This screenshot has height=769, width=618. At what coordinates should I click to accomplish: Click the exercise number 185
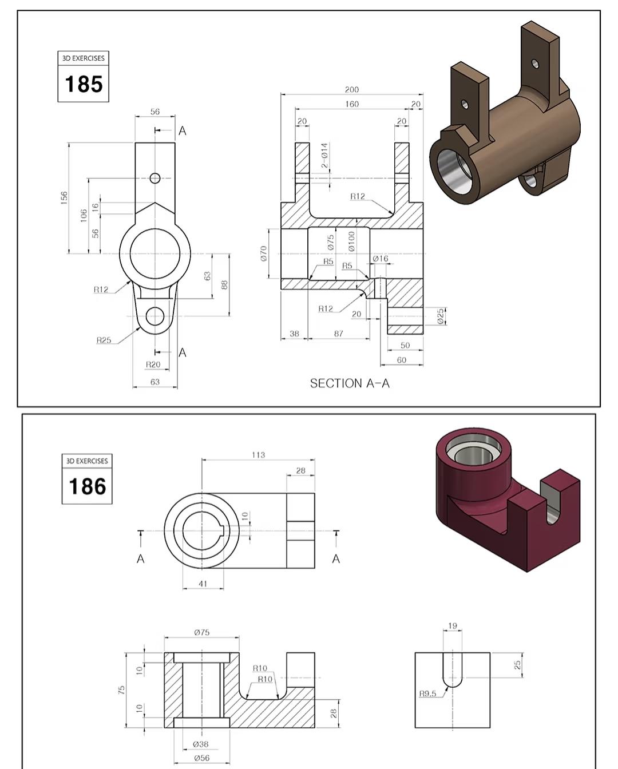pyautogui.click(x=84, y=84)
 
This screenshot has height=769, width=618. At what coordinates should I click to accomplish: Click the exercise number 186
pyautogui.click(x=87, y=486)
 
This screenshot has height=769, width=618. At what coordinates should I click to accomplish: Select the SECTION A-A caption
pyautogui.click(x=350, y=383)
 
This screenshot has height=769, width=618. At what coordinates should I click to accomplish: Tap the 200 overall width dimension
pyautogui.click(x=352, y=90)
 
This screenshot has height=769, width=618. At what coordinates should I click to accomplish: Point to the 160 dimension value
pyautogui.click(x=352, y=104)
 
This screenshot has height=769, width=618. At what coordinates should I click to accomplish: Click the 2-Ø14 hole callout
pyautogui.click(x=324, y=155)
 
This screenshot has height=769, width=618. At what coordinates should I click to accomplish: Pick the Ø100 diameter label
pyautogui.click(x=351, y=241)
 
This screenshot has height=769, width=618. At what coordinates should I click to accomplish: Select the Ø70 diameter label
pyautogui.click(x=264, y=253)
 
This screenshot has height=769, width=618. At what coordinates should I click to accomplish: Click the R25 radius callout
pyautogui.click(x=104, y=340)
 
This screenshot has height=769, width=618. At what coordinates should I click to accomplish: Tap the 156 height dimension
pyautogui.click(x=65, y=197)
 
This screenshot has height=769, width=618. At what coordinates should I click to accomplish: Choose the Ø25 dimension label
pyautogui.click(x=441, y=316)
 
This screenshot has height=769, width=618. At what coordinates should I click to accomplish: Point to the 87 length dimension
pyautogui.click(x=339, y=334)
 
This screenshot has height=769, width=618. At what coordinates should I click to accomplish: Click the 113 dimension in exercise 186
pyautogui.click(x=258, y=455)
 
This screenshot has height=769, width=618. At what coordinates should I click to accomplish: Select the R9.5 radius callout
pyautogui.click(x=427, y=693)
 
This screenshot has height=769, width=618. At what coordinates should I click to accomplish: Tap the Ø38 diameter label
pyautogui.click(x=200, y=744)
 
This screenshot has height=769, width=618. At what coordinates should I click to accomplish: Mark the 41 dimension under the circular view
pyautogui.click(x=203, y=584)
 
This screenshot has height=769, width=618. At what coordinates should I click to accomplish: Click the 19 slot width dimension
pyautogui.click(x=453, y=626)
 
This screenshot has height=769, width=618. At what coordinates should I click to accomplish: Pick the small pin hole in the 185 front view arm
pyautogui.click(x=154, y=178)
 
